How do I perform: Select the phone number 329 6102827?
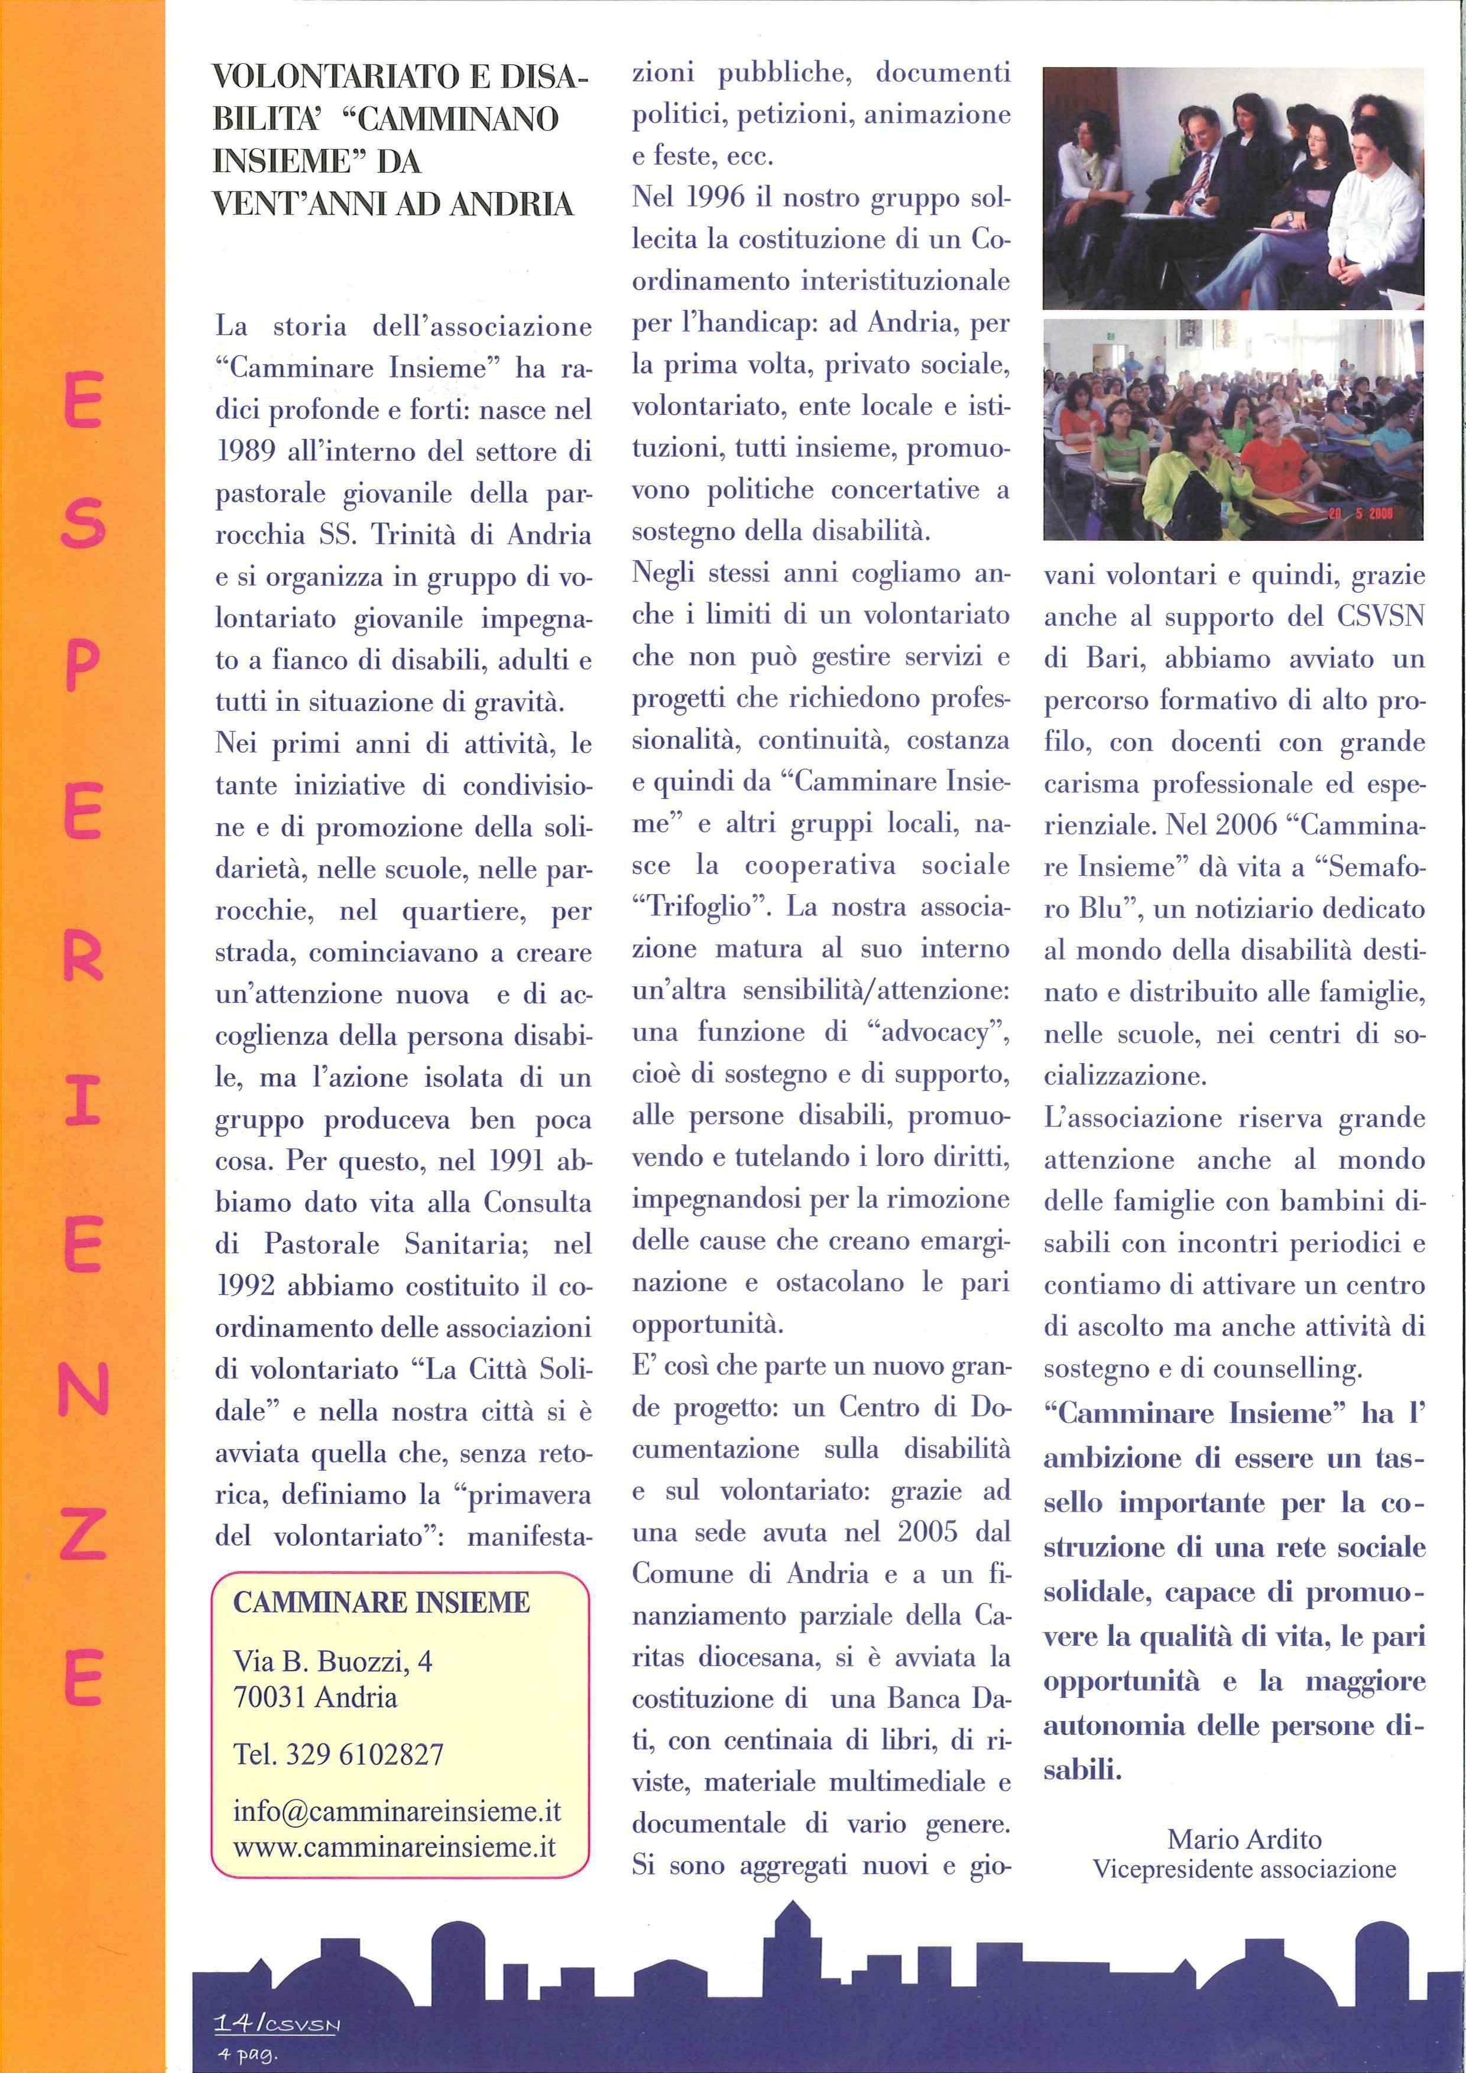coord(365,1754)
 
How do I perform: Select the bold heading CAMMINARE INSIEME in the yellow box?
coord(381,1603)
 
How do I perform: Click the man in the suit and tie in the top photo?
coord(1206,171)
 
